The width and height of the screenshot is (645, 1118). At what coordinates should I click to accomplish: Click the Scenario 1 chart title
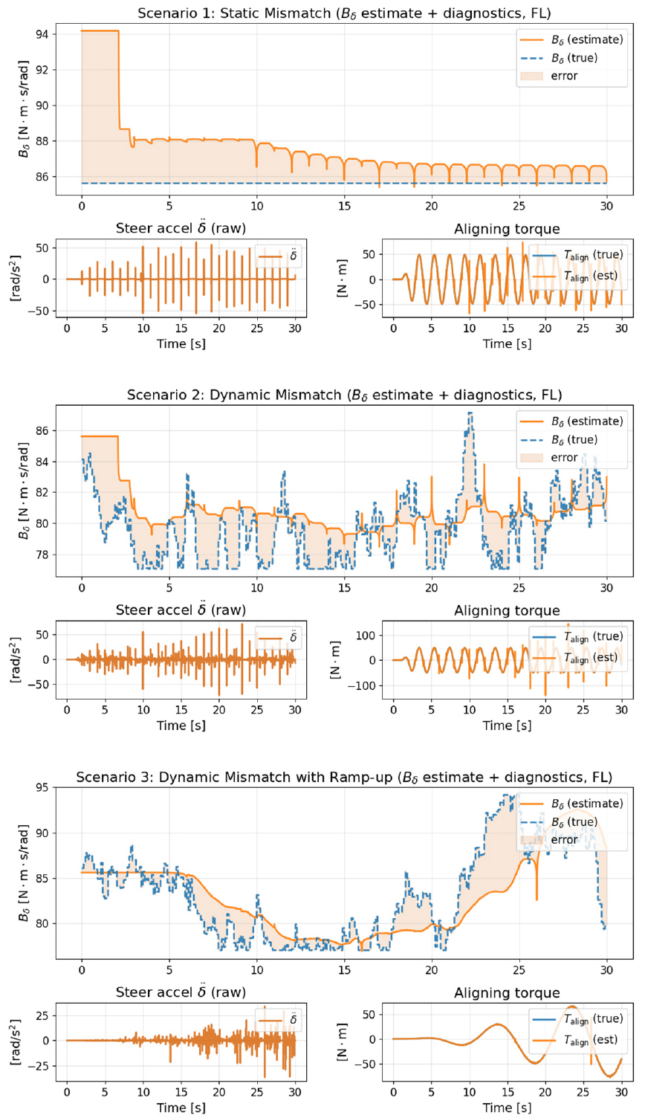click(344, 13)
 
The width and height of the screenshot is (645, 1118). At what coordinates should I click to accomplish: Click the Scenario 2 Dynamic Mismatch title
click(344, 395)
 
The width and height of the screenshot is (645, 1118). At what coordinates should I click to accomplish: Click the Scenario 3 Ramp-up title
click(344, 778)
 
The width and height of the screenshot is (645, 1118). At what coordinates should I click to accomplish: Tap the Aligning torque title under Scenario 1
click(507, 229)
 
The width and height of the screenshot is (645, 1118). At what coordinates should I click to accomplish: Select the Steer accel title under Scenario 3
click(181, 993)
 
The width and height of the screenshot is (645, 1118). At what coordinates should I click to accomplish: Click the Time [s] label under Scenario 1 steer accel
click(181, 344)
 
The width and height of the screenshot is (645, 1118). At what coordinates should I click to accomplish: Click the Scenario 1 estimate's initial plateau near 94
click(100, 30)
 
